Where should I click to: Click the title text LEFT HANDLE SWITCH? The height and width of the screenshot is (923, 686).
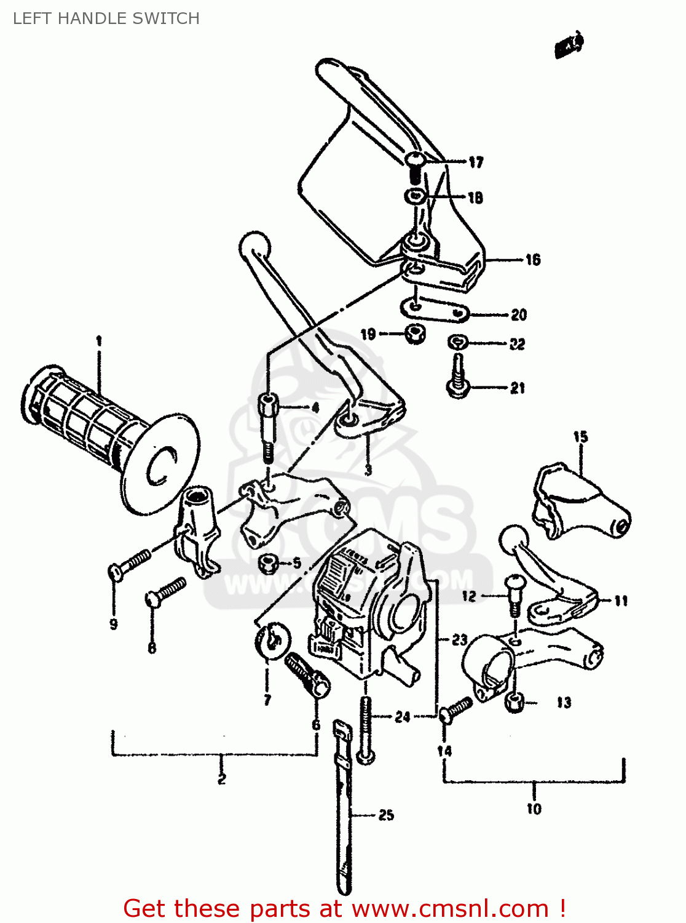tap(106, 18)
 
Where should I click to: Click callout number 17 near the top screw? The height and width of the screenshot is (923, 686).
tap(476, 162)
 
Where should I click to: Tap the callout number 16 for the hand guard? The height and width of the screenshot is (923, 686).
tap(532, 260)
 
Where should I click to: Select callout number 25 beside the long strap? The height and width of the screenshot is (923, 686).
tap(386, 815)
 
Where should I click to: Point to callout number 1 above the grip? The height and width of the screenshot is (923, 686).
tap(98, 340)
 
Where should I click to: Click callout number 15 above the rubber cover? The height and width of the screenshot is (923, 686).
tap(580, 437)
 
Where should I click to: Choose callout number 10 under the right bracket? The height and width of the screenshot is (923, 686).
tap(534, 809)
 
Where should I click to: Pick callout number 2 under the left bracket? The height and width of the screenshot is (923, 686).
tap(221, 779)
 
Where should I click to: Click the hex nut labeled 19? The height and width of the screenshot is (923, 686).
tap(416, 335)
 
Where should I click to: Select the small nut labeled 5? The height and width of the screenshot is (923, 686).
tap(268, 562)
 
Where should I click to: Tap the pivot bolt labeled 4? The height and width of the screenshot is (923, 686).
tap(267, 425)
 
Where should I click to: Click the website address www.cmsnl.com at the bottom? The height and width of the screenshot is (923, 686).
tap(449, 908)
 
